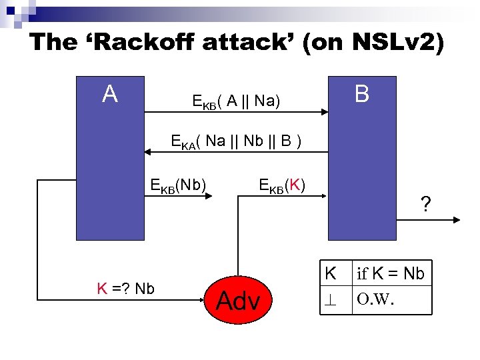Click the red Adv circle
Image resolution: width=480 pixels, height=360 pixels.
(238, 301)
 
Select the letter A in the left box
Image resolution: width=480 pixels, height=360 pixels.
(110, 95)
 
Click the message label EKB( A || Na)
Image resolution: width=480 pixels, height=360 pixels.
(235, 101)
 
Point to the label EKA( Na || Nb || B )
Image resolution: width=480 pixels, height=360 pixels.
(237, 141)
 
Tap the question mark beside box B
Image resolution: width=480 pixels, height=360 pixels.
(425, 203)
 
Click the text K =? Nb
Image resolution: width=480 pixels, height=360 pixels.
(125, 289)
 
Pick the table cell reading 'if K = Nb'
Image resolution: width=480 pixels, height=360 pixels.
(391, 273)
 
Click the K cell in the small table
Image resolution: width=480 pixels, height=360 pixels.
(331, 273)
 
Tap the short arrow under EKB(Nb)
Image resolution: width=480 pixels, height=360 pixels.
(200, 196)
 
